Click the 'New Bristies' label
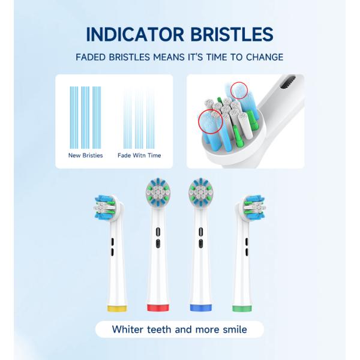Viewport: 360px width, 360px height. (86, 155)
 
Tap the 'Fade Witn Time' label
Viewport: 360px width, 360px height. (139, 155)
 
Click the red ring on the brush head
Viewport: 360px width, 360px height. (157, 308)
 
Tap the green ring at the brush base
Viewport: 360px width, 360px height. (244, 308)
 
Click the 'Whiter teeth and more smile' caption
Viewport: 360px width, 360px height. (179, 329)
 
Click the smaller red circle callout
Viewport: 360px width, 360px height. (238, 91)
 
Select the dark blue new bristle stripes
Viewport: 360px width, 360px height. (85, 117)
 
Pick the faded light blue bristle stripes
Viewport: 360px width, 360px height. (139, 117)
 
